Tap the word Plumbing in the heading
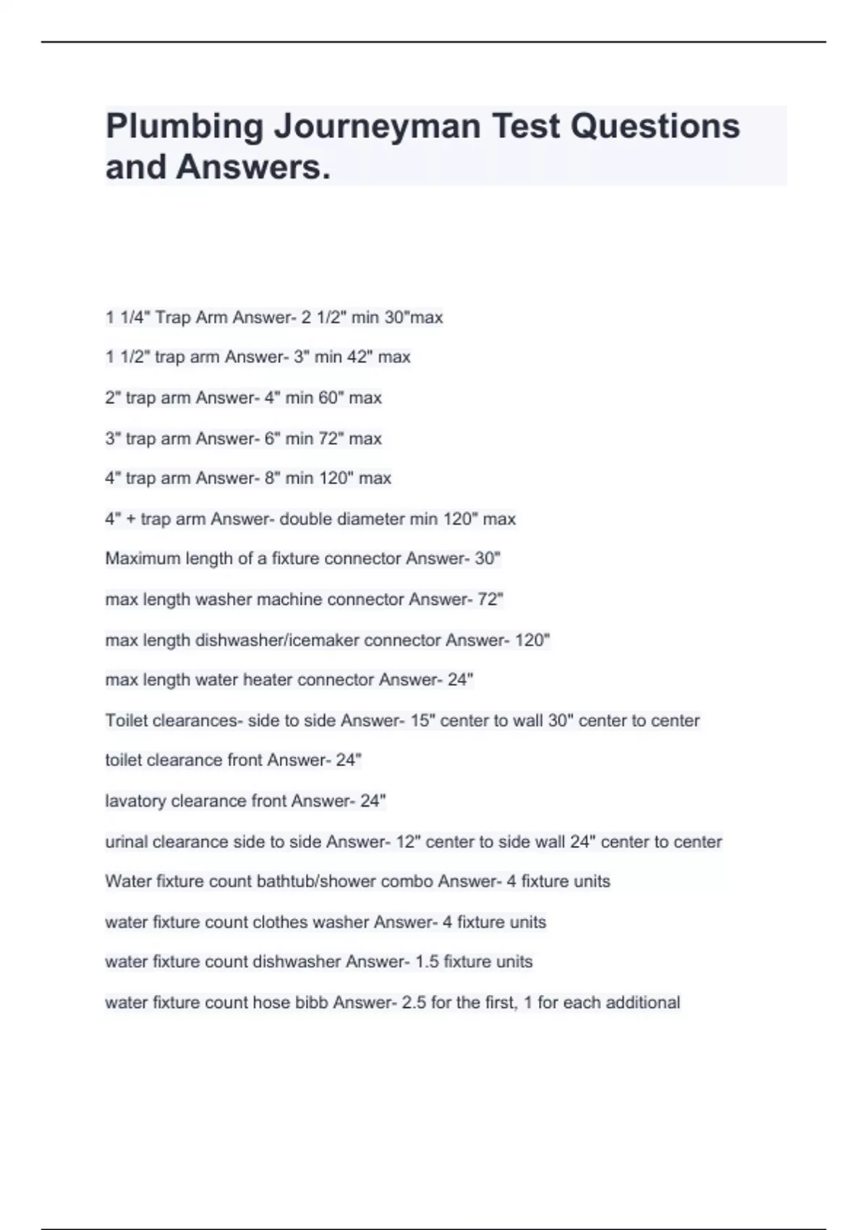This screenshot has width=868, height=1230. [184, 127]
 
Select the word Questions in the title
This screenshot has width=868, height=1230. [655, 127]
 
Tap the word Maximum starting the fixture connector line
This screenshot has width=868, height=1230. [143, 559]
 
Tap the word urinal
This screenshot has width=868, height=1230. [126, 841]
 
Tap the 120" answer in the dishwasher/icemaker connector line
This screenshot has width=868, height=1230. [532, 640]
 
